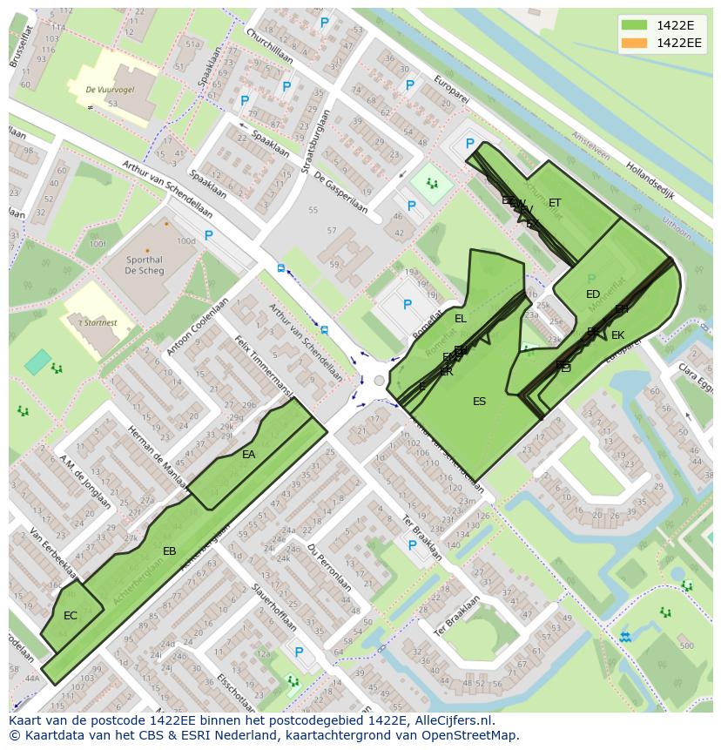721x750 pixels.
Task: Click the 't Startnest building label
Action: (98, 322)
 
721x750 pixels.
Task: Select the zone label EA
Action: (249, 454)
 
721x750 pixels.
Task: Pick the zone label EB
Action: (170, 551)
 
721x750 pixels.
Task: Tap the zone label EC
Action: (71, 615)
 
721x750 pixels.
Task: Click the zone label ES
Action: (479, 401)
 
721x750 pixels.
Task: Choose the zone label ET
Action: (555, 203)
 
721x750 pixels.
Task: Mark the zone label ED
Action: (593, 294)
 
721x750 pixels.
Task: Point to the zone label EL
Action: (461, 319)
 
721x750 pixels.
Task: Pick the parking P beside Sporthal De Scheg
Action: (208, 235)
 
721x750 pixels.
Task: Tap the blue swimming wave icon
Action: (625, 637)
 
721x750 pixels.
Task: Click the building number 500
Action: (687, 645)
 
